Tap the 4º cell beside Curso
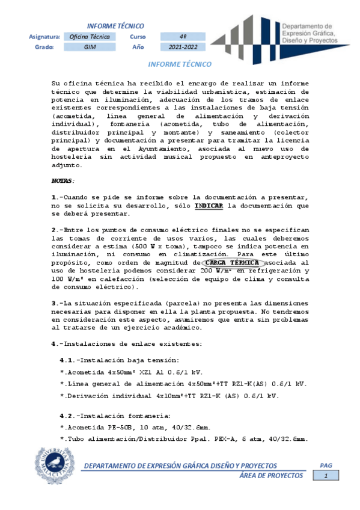pos(183,36)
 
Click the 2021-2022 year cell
pos(183,47)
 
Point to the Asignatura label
pos(44,36)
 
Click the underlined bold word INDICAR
pos(209,205)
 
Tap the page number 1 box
pos(327,476)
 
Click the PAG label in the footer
pos(326,465)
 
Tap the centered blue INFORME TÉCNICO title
pos(179,63)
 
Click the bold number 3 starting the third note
pos(54,303)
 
